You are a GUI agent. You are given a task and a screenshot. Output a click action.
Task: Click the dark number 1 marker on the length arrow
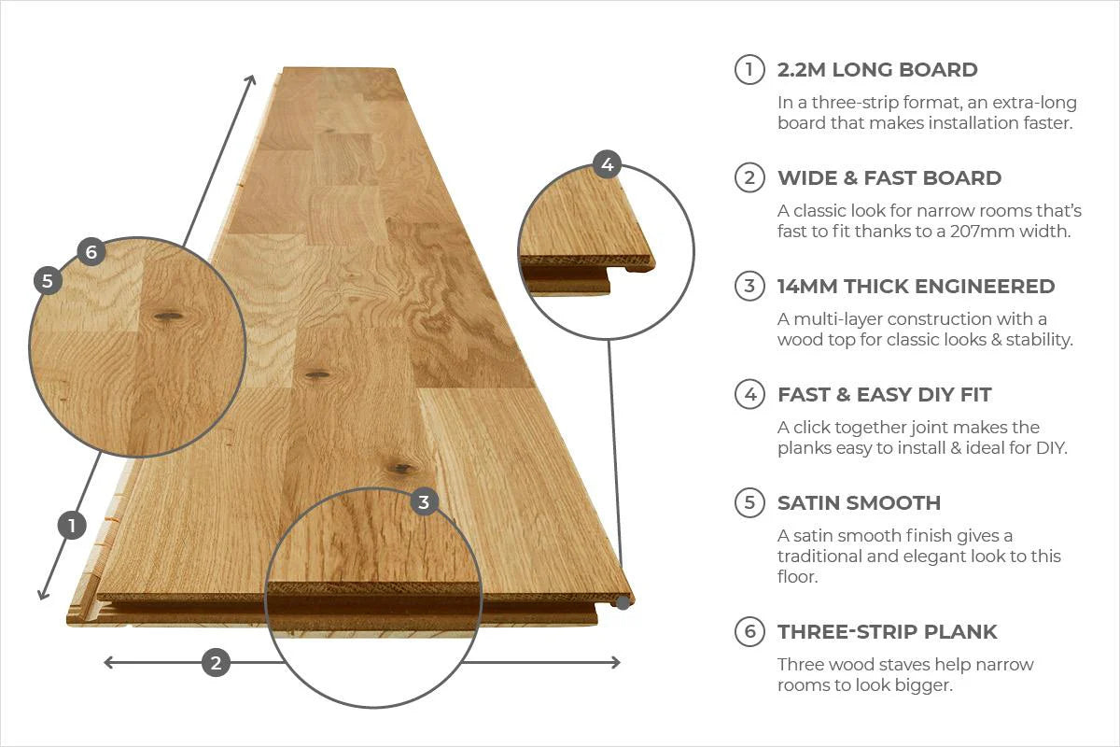72,526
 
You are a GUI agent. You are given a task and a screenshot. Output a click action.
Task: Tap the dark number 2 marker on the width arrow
216,663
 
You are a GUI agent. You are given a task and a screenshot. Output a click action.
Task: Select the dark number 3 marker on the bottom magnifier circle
424,502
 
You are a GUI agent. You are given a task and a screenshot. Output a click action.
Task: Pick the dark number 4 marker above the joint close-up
607,165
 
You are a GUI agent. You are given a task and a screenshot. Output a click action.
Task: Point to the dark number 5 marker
48,280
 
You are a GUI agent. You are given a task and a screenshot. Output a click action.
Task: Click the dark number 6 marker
91,251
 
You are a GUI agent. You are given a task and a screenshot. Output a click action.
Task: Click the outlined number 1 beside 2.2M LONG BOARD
749,70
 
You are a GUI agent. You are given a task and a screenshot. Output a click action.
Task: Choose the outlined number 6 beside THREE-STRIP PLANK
749,632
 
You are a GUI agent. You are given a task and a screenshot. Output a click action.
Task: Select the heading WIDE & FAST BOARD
889,178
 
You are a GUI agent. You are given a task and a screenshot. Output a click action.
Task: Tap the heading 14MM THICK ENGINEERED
916,287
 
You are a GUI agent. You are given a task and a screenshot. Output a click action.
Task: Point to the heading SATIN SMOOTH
859,503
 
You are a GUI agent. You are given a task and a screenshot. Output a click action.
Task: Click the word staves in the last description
891,665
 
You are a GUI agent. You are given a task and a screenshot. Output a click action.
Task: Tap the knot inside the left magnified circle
168,317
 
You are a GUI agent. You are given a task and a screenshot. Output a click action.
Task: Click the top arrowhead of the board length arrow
252,78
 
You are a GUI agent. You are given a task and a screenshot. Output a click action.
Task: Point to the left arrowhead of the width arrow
107,663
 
